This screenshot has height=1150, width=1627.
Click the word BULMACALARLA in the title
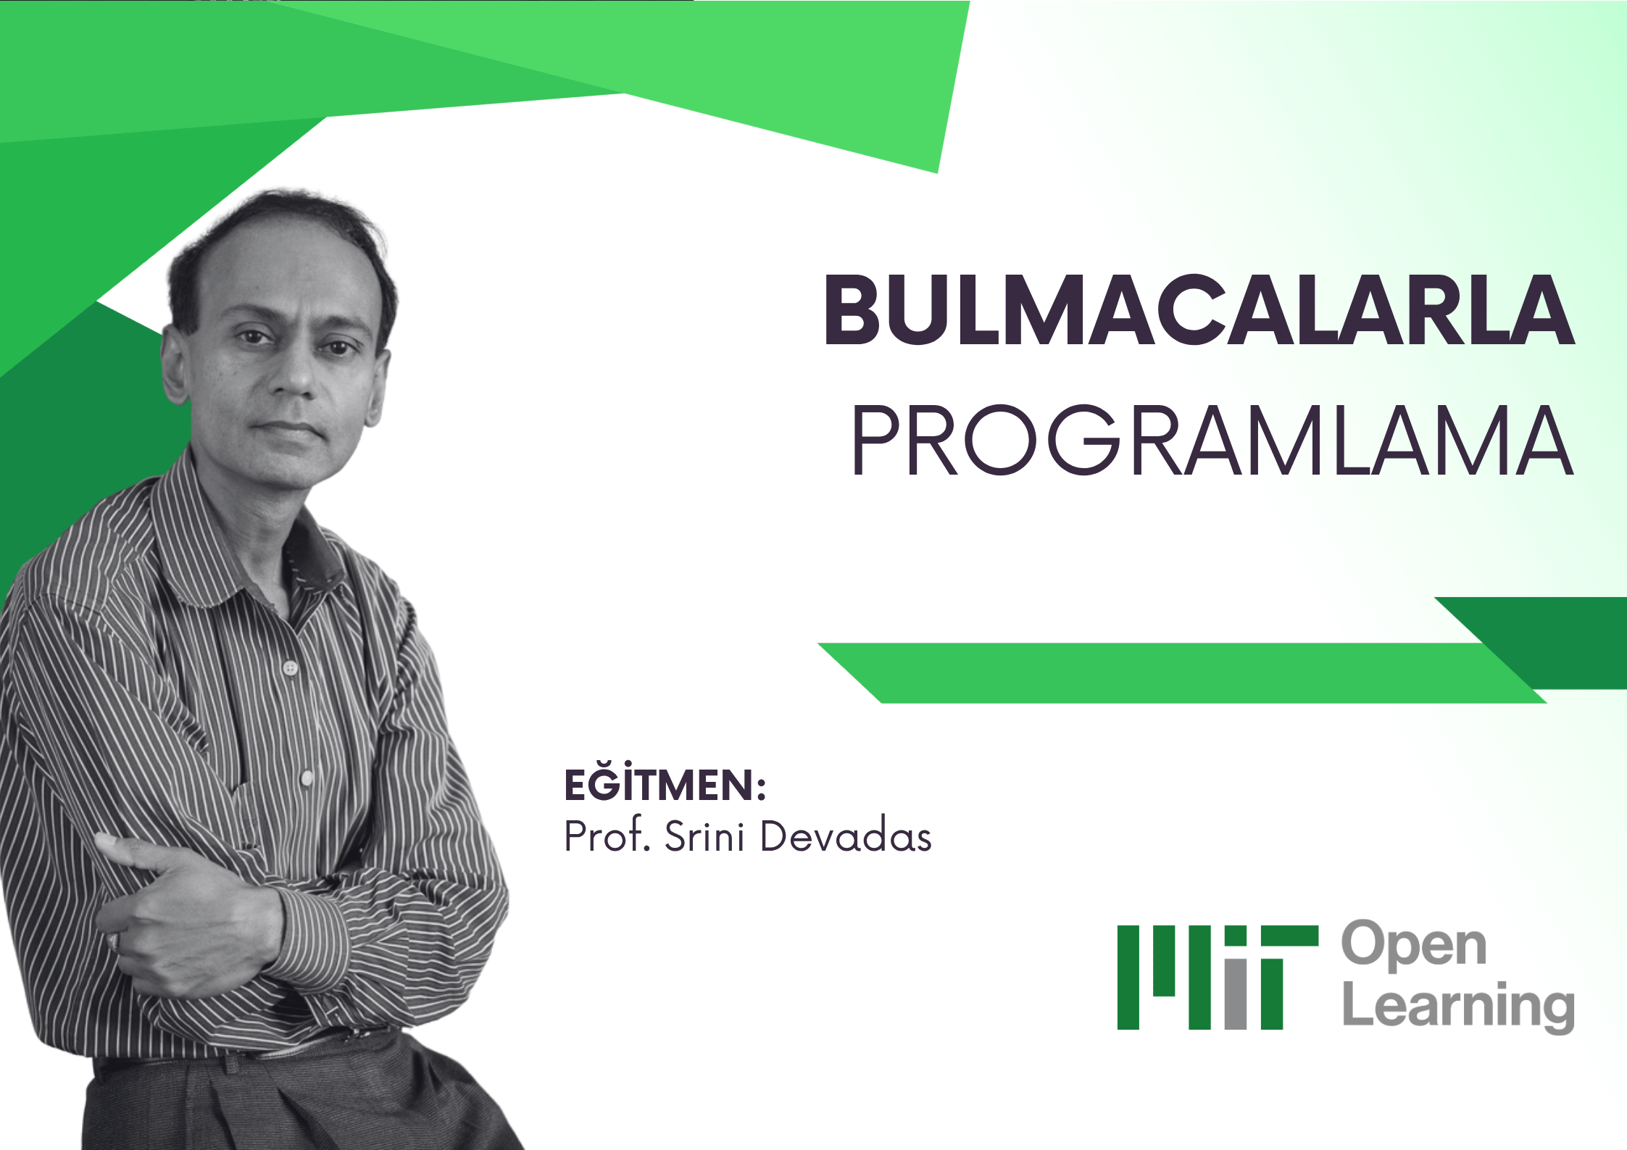1199,310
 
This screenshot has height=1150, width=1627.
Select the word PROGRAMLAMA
1212,441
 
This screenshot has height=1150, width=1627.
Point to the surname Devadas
846,836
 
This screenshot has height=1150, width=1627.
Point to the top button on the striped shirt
291,667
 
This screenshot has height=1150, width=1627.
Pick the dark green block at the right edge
1580,641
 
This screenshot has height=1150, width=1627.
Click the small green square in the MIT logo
1236,936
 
